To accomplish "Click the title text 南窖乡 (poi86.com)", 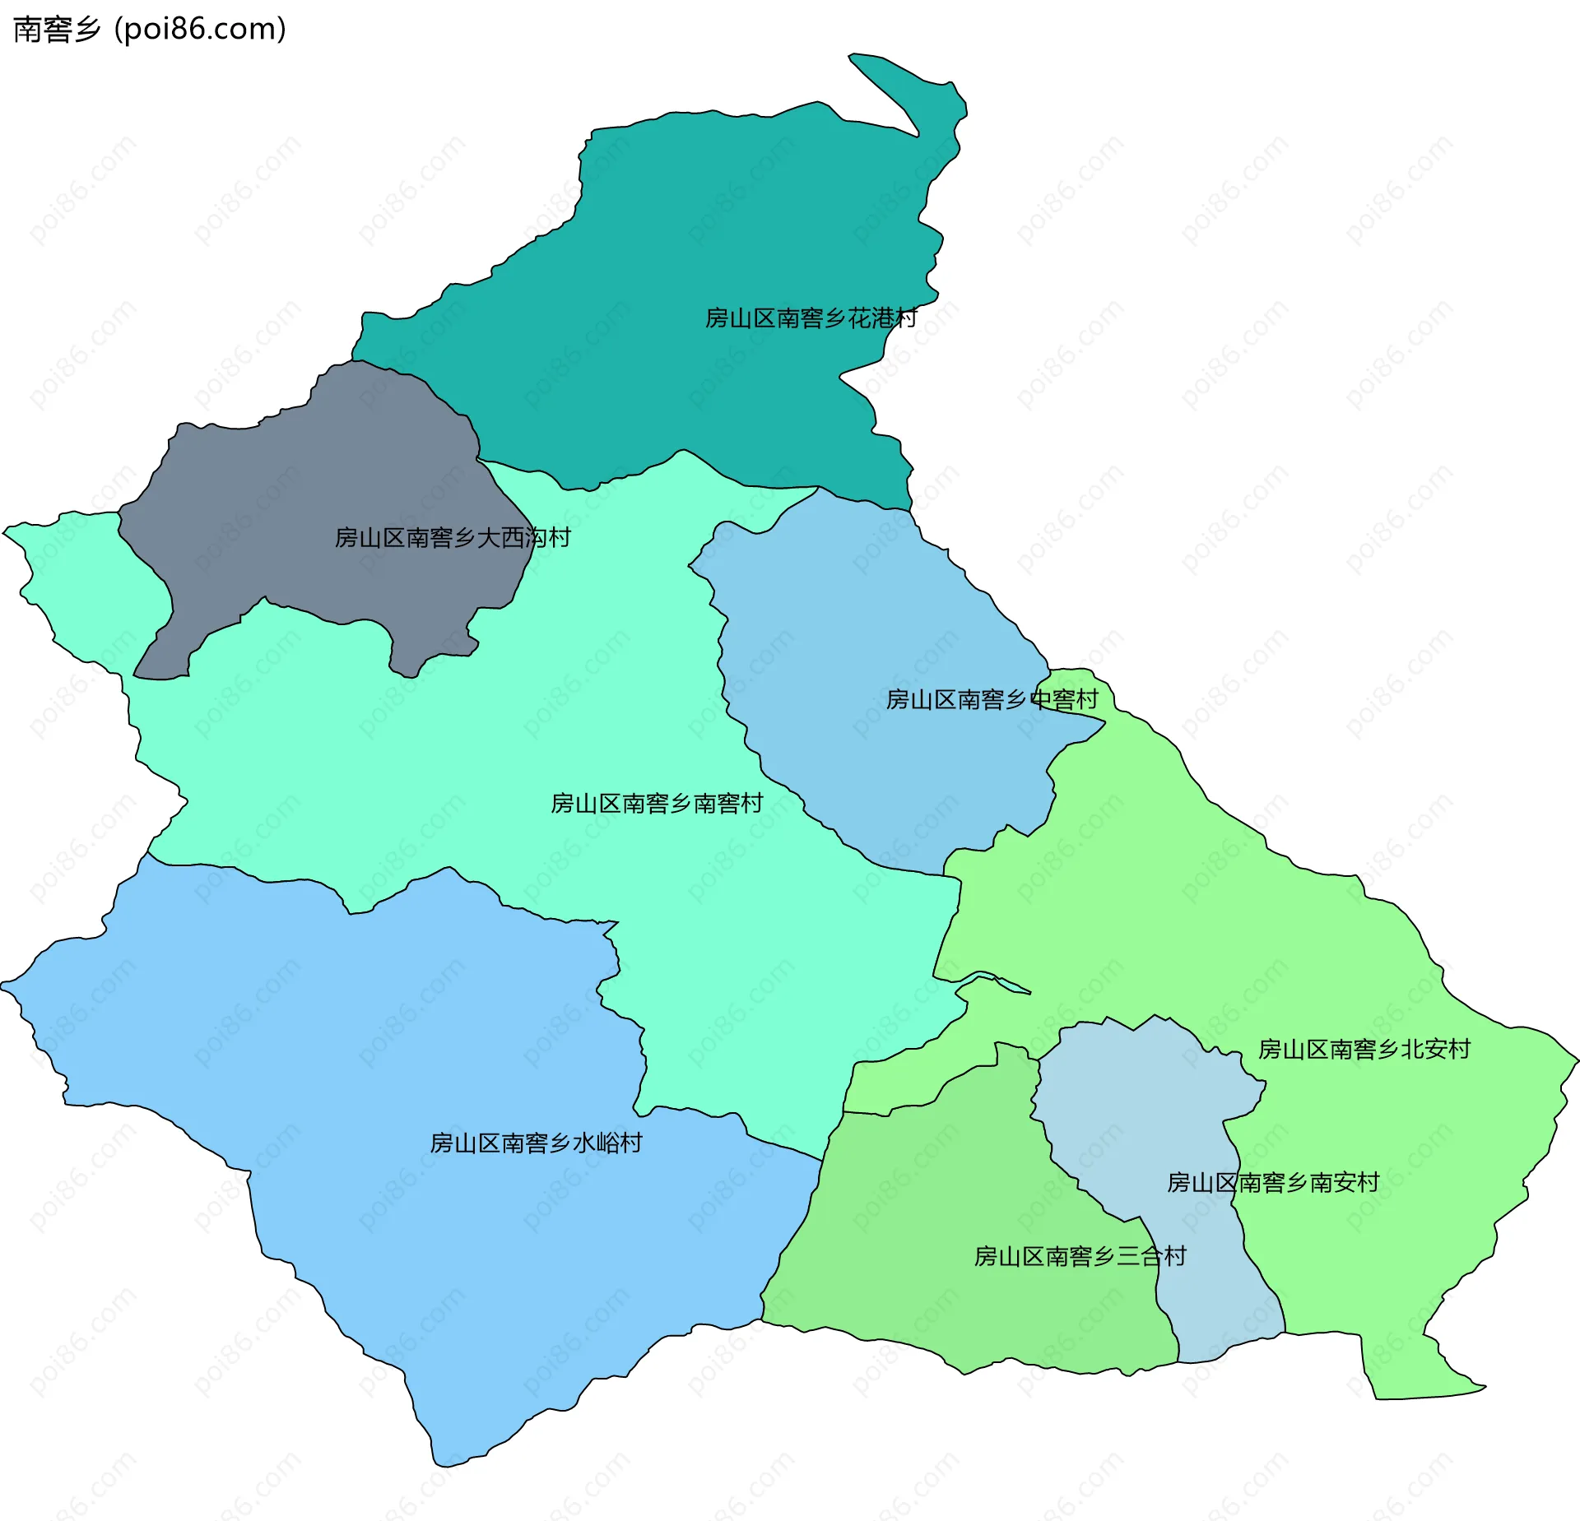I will [x=150, y=30].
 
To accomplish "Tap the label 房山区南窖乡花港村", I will [x=811, y=318].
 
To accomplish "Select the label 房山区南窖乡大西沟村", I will [x=453, y=538].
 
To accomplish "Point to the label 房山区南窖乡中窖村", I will [x=992, y=700].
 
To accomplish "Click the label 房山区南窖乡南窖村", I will [x=657, y=804].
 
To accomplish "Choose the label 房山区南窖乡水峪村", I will [x=536, y=1143].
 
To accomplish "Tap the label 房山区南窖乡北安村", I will [x=1364, y=1050].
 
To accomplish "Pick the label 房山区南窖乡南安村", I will [x=1273, y=1183].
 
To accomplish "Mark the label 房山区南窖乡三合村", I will [x=1080, y=1257].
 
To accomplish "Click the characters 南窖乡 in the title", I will [x=56, y=30].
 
